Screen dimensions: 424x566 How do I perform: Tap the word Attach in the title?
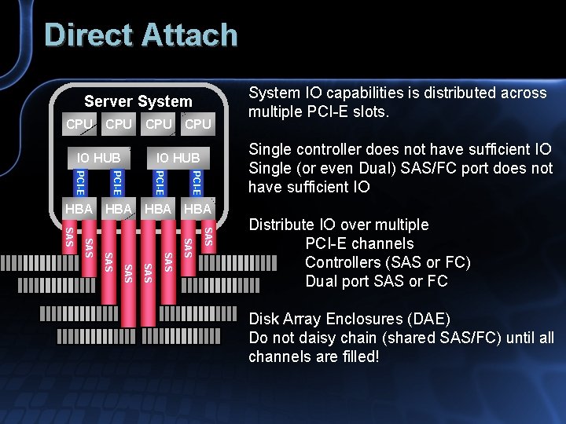point(189,35)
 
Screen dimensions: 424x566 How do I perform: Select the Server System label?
point(138,101)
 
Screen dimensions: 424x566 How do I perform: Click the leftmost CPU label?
point(79,124)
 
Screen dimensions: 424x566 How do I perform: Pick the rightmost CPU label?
point(197,124)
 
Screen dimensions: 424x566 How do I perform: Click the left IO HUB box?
point(98,158)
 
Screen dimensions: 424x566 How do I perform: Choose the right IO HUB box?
point(178,158)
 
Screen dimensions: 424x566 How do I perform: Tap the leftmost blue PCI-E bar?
point(79,181)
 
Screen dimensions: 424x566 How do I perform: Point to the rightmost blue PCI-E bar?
point(197,181)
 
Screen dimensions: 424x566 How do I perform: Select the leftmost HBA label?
point(79,209)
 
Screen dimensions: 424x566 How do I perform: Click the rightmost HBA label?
point(197,209)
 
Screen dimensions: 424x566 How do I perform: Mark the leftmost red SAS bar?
point(69,236)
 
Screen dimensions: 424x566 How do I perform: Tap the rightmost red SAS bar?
point(208,236)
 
